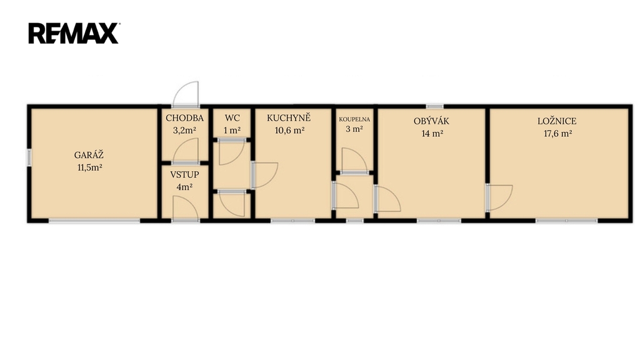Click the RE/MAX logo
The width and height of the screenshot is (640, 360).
tap(74, 33)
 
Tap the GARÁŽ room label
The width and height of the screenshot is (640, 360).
tap(89, 155)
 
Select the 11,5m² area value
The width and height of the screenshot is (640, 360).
tap(90, 167)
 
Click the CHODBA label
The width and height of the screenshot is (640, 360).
tap(184, 118)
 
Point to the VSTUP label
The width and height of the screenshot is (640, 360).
tap(184, 175)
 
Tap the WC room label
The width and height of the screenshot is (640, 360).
tap(232, 118)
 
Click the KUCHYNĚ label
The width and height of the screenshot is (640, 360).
tap(289, 118)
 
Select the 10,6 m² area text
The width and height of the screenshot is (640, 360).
tap(290, 131)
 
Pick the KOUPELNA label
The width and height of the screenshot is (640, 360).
tap(354, 119)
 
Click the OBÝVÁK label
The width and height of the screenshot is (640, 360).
tap(431, 121)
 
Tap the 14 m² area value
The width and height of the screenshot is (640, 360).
tap(432, 134)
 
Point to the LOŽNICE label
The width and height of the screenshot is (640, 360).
tap(557, 121)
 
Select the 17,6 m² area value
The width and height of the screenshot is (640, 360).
tap(557, 134)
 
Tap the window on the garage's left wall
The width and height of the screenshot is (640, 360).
tap(29, 157)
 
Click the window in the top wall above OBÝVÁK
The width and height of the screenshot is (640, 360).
tap(435, 106)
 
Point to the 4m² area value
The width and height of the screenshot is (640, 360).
tap(184, 187)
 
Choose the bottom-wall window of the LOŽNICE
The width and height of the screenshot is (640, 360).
tap(566, 221)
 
